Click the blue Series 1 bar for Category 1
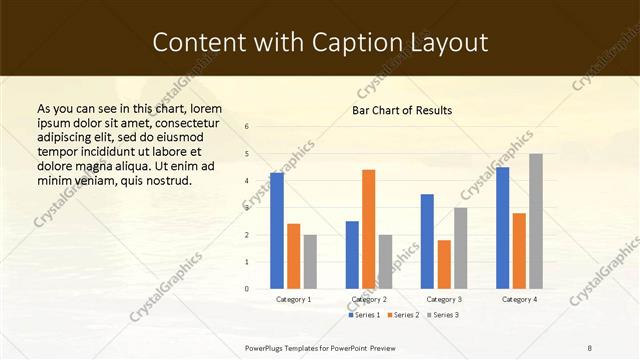tap(277, 230)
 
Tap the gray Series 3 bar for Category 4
tap(536, 220)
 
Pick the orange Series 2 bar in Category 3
tap(444, 263)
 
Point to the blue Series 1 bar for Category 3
tap(427, 240)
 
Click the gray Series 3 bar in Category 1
tap(310, 261)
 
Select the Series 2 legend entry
tap(403, 315)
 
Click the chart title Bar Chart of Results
tap(402, 110)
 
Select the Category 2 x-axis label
tap(369, 299)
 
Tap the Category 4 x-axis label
tap(519, 299)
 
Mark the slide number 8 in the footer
tap(590, 347)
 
